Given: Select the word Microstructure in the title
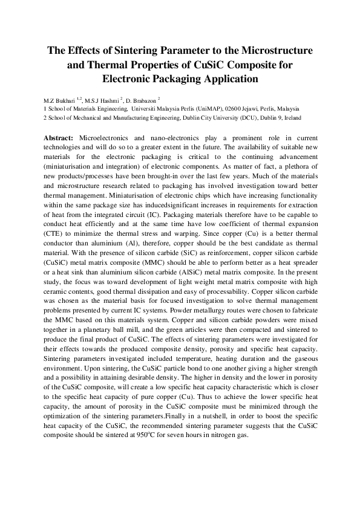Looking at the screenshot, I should click(274, 50).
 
